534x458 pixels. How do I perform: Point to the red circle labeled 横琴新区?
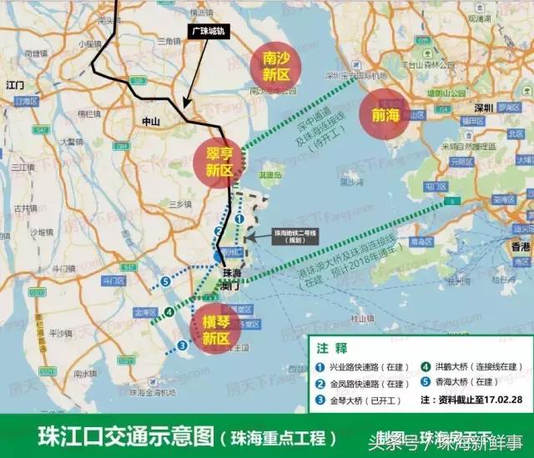[216, 328]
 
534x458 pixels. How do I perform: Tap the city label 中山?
[150, 122]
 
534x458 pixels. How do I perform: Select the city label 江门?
[13, 85]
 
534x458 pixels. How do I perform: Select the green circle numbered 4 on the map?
[169, 313]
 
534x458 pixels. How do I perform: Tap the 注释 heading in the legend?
[332, 346]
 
